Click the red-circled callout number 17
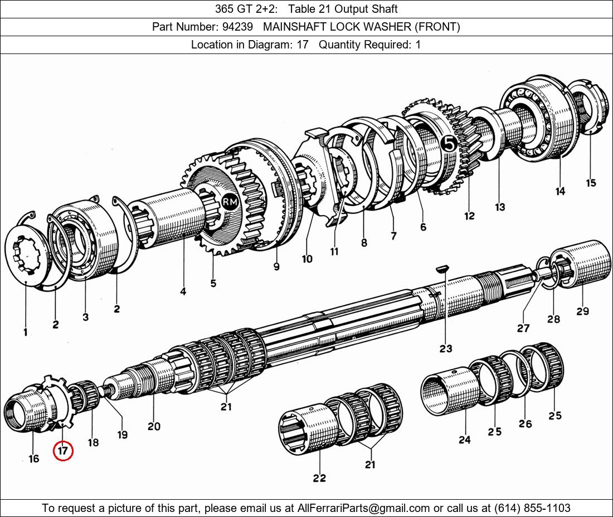coord(63,450)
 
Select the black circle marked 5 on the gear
coord(449,144)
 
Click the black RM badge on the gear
coord(229,203)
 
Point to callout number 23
coord(445,349)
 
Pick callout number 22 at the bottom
coord(319,477)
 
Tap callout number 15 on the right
coord(591,182)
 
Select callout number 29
coord(582,311)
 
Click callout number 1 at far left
coord(26,332)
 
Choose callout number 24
coord(465,440)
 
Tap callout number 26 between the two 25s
coord(525,423)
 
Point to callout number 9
coord(276,267)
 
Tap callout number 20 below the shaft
coord(154,426)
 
